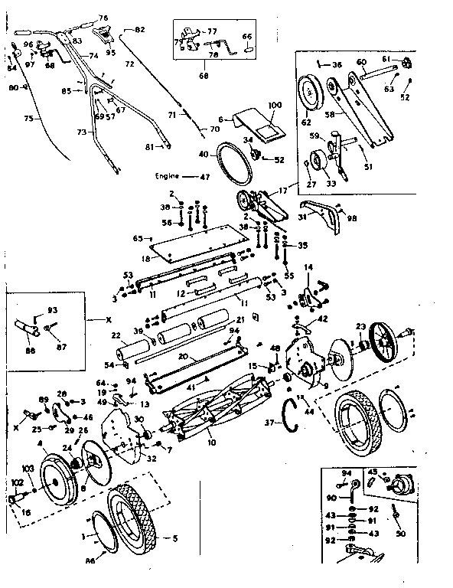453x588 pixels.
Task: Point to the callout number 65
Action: [137, 238]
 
